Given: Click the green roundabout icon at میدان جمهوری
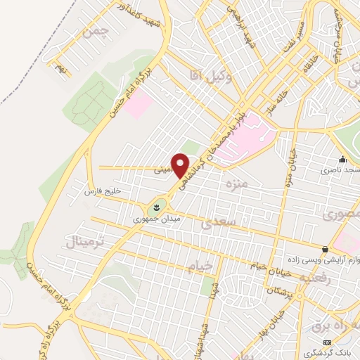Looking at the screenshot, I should tap(154, 207).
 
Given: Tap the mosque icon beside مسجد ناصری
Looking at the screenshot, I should tap(342, 159).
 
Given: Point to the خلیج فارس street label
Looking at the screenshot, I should tap(103, 191).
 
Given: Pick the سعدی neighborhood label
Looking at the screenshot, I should tap(215, 224).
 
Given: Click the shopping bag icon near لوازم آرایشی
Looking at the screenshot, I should tap(324, 249).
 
